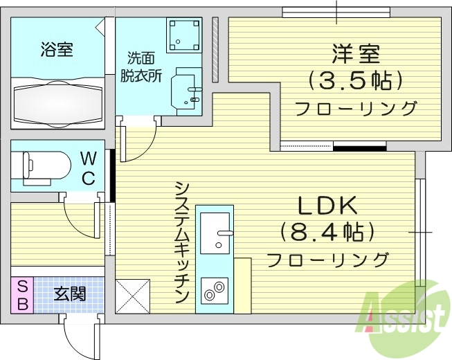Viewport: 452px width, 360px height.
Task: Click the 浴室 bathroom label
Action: click(57, 49)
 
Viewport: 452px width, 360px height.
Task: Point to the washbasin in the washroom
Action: click(187, 90)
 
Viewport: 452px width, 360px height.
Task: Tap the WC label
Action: click(89, 166)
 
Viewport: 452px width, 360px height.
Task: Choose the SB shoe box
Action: click(22, 294)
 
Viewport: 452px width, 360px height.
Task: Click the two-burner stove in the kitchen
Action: click(216, 289)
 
